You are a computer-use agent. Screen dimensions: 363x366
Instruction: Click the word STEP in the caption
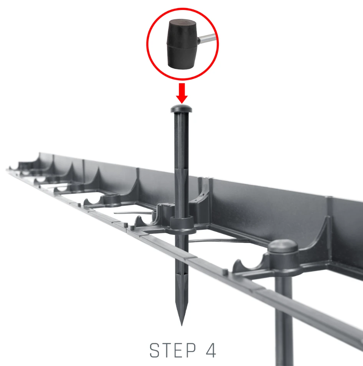point(173,350)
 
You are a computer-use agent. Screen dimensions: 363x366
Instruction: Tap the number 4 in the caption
point(211,350)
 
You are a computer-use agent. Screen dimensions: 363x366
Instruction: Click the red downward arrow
point(182,93)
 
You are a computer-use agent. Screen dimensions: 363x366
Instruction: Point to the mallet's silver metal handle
point(207,38)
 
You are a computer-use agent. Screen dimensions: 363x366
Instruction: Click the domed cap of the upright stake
point(181,109)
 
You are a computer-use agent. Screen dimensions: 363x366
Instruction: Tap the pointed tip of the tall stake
point(181,325)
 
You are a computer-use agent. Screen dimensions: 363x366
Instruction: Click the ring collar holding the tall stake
point(183,226)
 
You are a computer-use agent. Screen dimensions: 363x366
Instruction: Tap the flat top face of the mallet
point(183,23)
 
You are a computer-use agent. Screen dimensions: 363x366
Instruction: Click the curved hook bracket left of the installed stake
point(248,264)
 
